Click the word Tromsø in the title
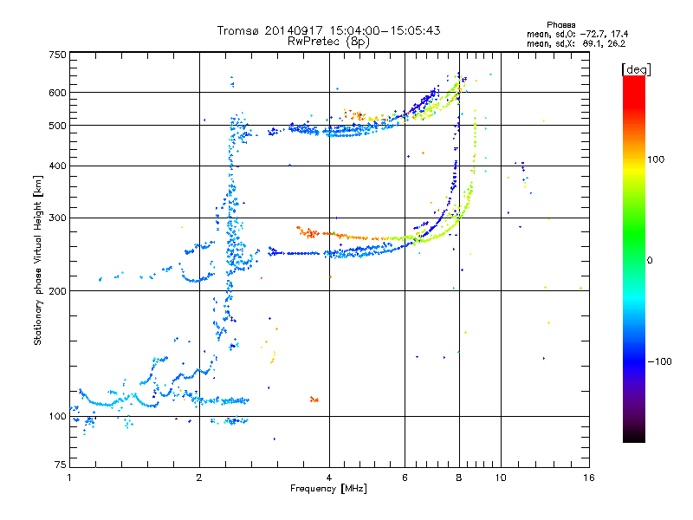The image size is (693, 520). [239, 30]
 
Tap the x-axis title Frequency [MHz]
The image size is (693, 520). [328, 489]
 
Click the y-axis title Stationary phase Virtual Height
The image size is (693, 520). [38, 260]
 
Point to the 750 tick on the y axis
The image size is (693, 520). [58, 55]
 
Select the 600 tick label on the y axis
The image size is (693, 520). [58, 93]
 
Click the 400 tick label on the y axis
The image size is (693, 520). [58, 166]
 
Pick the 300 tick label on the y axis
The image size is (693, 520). [58, 218]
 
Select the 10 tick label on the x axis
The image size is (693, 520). [500, 478]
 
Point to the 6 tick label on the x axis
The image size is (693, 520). [405, 478]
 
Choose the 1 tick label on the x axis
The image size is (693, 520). [69, 478]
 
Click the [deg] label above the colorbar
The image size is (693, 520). [637, 68]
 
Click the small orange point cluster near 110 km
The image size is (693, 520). [314, 400]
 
